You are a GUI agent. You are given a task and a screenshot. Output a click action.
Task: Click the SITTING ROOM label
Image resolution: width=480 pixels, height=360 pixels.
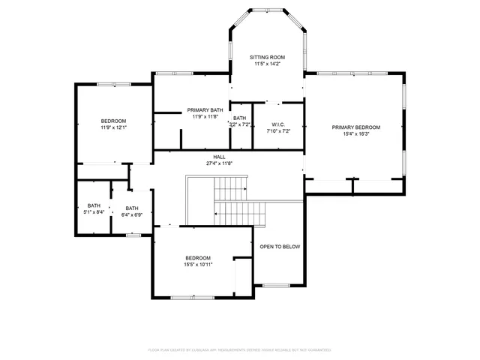coord(267,57)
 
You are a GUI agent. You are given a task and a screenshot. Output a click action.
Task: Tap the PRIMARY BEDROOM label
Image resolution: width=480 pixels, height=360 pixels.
coord(356,127)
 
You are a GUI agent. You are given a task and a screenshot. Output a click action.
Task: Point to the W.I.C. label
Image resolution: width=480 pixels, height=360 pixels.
coord(277,124)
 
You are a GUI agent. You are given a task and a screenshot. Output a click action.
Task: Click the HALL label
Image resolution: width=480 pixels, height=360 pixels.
coord(219,157)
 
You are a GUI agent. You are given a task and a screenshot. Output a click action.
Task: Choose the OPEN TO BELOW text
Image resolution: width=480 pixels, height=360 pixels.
coord(280,246)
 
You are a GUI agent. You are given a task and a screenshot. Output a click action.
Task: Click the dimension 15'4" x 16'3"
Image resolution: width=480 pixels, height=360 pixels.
coord(356,136)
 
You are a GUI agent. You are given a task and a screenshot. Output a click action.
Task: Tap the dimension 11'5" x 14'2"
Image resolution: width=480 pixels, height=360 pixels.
coord(267,64)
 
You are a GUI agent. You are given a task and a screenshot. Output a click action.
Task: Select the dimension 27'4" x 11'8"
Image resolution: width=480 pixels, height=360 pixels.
coord(219,163)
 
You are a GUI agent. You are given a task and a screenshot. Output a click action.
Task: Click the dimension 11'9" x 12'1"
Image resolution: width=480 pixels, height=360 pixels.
coord(114,128)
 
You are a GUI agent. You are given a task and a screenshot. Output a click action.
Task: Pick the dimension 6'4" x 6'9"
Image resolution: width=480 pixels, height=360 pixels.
coord(132,215)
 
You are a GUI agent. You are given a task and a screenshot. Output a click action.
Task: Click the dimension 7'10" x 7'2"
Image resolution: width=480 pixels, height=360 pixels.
coord(277,131)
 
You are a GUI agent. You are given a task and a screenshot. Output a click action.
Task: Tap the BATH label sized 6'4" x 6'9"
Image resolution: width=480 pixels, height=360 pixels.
coord(132,208)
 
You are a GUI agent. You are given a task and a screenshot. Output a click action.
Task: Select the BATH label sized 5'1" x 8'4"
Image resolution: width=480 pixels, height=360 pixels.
coord(94,206)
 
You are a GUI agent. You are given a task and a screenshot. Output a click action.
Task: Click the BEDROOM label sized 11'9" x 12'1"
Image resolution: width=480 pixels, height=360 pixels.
coord(114,121)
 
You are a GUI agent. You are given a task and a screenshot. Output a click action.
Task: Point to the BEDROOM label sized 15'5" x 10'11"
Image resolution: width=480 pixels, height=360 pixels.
coord(198,257)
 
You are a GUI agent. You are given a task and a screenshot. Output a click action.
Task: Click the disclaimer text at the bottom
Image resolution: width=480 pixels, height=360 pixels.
coord(239,349)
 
